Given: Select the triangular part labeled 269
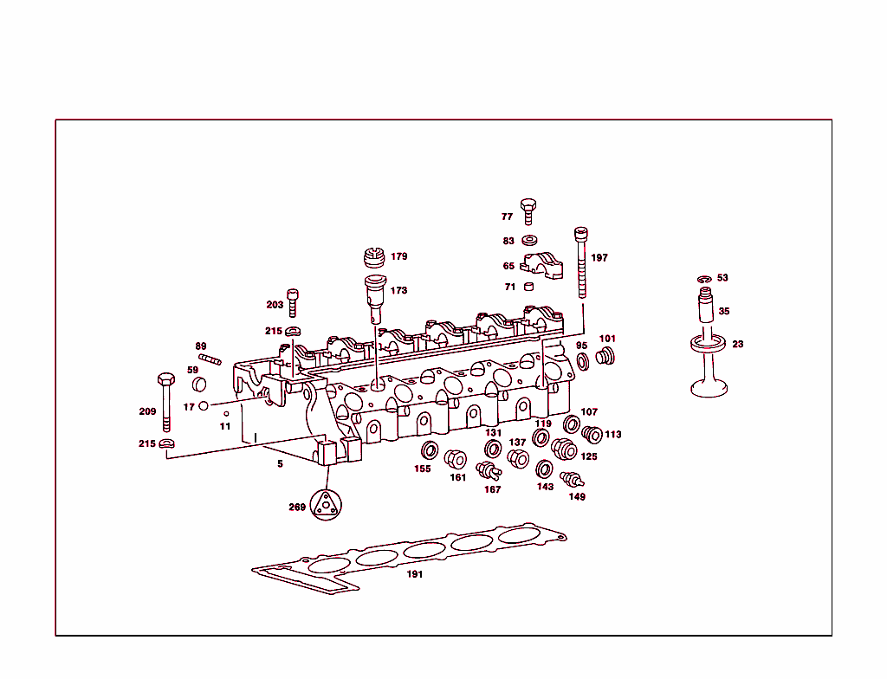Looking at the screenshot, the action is pyautogui.click(x=327, y=506).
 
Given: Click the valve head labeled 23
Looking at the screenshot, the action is pyautogui.click(x=709, y=385).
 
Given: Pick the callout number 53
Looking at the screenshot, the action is pyautogui.click(x=722, y=278).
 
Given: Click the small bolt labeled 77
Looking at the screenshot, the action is pyautogui.click(x=528, y=210).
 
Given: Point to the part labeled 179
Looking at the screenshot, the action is pyautogui.click(x=373, y=258).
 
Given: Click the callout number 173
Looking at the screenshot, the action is pyautogui.click(x=398, y=291).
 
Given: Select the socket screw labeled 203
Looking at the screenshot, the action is pyautogui.click(x=293, y=302).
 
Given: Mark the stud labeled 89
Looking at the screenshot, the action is pyautogui.click(x=210, y=359).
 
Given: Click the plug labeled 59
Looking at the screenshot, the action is pyautogui.click(x=200, y=384).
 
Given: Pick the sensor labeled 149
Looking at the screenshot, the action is pyautogui.click(x=572, y=479).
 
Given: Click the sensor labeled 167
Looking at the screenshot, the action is pyautogui.click(x=489, y=470).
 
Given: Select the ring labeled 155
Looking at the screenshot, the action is pyautogui.click(x=429, y=451).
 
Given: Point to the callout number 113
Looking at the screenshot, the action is pyautogui.click(x=613, y=435).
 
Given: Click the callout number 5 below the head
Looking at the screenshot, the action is pyautogui.click(x=280, y=464).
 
